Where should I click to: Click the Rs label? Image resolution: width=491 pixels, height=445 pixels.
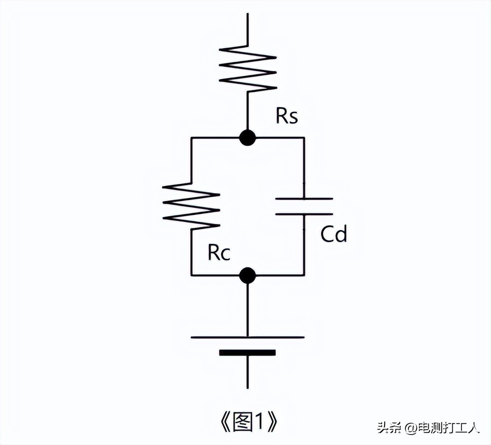287,116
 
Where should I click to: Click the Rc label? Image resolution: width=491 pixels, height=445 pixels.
219,253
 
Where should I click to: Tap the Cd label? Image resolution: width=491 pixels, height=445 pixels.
334,234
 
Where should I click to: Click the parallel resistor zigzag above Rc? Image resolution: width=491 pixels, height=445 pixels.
191,205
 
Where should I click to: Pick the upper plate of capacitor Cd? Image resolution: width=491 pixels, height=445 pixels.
304,199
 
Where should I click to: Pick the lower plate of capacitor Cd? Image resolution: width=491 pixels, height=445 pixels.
304,214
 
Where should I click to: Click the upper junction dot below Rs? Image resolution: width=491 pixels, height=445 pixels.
248,138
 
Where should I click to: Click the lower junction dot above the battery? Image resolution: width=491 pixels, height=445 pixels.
248,275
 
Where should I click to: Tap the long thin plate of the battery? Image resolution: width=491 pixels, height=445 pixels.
248,337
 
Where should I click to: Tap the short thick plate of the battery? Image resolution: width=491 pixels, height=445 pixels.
248,353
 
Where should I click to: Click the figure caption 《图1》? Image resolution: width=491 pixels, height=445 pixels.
247,421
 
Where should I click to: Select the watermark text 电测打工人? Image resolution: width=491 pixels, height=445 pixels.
449,427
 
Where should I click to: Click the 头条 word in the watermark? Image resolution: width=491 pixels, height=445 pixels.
389,427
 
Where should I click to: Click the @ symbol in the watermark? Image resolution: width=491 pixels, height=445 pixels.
411,428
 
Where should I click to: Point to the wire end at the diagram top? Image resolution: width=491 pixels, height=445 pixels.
248,14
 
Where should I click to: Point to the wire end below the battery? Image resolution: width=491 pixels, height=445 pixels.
248,387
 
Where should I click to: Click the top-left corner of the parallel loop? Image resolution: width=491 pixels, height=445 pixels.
191,138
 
